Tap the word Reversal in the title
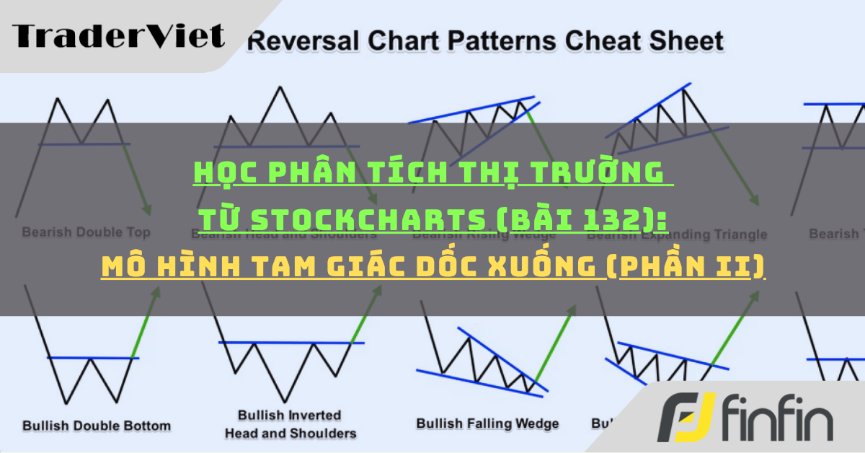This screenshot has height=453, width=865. coord(297,40)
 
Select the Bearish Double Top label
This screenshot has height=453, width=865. coord(86,232)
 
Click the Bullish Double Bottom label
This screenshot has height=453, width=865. coord(97,425)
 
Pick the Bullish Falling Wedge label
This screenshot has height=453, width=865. coord(487,423)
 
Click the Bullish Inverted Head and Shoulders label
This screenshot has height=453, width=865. coord(290,424)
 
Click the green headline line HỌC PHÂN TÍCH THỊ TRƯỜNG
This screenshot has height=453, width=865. coord(429,174)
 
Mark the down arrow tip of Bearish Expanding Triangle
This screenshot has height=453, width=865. coord(757,204)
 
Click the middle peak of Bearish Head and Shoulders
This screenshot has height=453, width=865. coord(279,88)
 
